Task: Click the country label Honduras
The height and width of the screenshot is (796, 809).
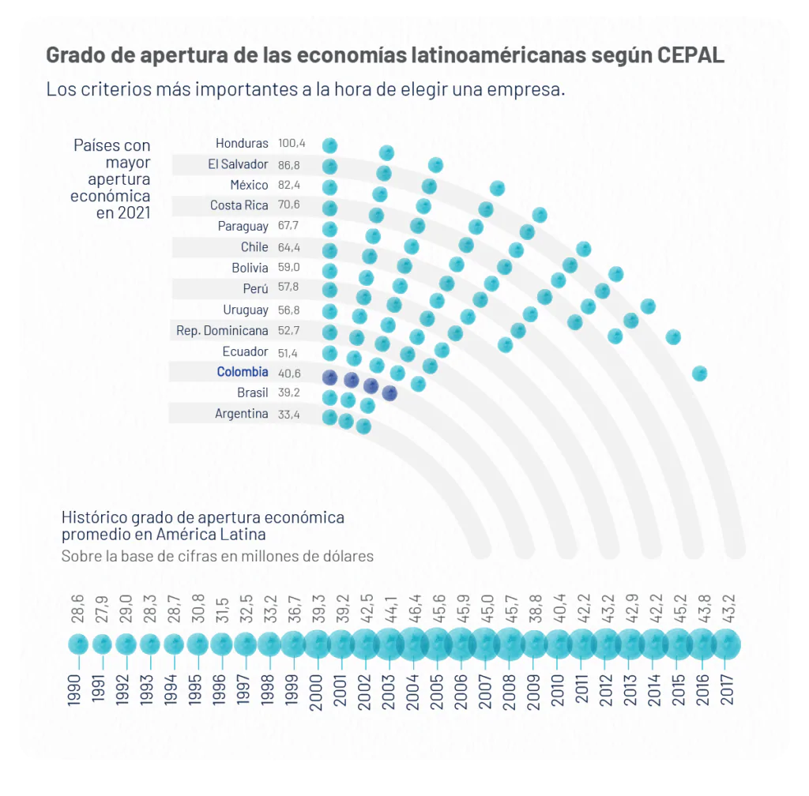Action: (242, 144)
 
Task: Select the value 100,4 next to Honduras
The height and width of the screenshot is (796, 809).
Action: (292, 144)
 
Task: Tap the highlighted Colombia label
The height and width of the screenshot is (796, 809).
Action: (243, 372)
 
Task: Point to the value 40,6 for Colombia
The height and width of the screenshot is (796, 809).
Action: (289, 372)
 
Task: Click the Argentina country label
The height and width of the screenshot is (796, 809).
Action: (242, 414)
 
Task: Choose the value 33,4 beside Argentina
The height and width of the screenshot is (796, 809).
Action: (289, 414)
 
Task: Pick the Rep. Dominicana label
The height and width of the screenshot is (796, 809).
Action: (222, 331)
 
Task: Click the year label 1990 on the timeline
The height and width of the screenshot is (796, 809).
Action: (77, 689)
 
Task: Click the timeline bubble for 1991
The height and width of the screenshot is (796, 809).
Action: (102, 644)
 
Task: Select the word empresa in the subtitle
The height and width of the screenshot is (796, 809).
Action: (525, 89)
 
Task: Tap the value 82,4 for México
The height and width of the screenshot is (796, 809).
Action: (289, 186)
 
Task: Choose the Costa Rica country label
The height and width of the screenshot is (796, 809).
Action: (239, 205)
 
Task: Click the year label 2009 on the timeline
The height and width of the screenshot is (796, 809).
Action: (533, 689)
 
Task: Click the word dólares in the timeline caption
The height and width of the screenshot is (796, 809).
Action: (344, 556)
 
